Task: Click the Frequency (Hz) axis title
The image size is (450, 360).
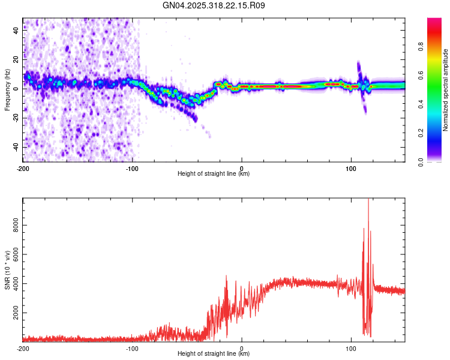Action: coord(7,89)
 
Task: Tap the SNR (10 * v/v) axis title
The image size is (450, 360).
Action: coord(7,269)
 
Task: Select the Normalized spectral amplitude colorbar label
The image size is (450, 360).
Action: coord(445,90)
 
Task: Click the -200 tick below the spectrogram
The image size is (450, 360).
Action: coord(23,168)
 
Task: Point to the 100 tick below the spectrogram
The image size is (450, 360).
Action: coord(351,168)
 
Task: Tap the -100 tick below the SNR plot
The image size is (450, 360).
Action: coord(132,348)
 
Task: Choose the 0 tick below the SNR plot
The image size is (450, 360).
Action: coord(242,348)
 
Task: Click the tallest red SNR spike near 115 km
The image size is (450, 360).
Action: coord(368,201)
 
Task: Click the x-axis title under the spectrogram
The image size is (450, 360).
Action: coord(214,174)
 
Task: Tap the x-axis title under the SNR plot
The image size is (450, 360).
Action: coord(214,354)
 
